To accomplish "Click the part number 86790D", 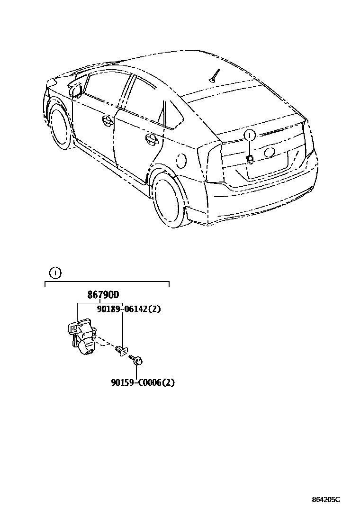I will pyautogui.click(x=103, y=295).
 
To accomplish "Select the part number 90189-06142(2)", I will pyautogui.click(x=129, y=309).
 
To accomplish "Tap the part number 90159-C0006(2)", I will pyautogui.click(x=143, y=382).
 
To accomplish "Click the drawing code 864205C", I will pyautogui.click(x=326, y=500).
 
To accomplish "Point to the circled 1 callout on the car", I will pyautogui.click(x=250, y=136).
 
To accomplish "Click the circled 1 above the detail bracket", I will pyautogui.click(x=55, y=273).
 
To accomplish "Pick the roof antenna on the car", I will pyautogui.click(x=216, y=76).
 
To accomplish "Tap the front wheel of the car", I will pyautogui.click(x=59, y=126).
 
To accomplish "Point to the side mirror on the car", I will pyautogui.click(x=76, y=89).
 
